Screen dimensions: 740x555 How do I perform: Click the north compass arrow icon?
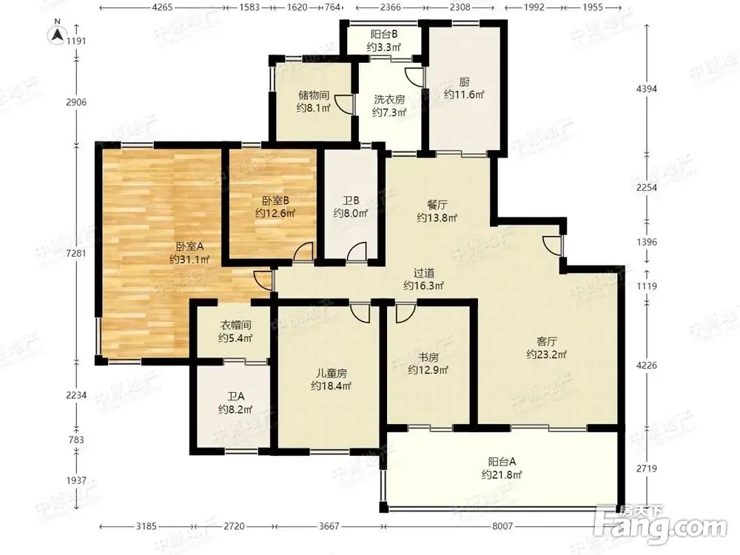57,34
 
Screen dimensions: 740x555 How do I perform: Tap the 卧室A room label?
189,246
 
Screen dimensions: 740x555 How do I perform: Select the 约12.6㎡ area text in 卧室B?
275,213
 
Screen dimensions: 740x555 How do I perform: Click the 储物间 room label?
313,95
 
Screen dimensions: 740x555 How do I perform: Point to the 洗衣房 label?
389,100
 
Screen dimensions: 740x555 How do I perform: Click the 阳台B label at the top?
383,34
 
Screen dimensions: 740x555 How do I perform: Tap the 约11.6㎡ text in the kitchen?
464,95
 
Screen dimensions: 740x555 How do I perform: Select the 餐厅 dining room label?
437,205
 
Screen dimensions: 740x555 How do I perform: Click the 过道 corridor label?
424,273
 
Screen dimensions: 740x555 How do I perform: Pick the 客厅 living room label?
547,340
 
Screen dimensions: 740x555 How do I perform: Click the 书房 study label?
428,357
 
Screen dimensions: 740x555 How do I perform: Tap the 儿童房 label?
332,373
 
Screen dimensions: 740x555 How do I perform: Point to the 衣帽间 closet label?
235,325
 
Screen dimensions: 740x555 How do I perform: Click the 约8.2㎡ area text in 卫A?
235,409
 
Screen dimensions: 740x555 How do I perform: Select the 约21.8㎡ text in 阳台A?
502,475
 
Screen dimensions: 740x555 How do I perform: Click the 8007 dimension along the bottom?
502,525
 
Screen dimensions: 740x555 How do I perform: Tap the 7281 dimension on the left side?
76,253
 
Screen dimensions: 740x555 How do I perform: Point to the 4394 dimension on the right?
646,88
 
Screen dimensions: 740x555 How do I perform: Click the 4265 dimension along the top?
162,7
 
